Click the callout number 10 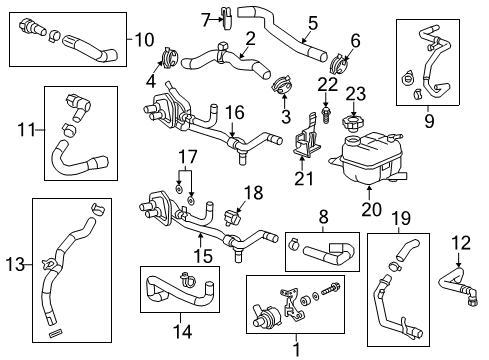click(144, 40)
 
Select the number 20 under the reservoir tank click(369, 211)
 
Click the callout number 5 click(312, 21)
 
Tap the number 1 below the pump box click(294, 349)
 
